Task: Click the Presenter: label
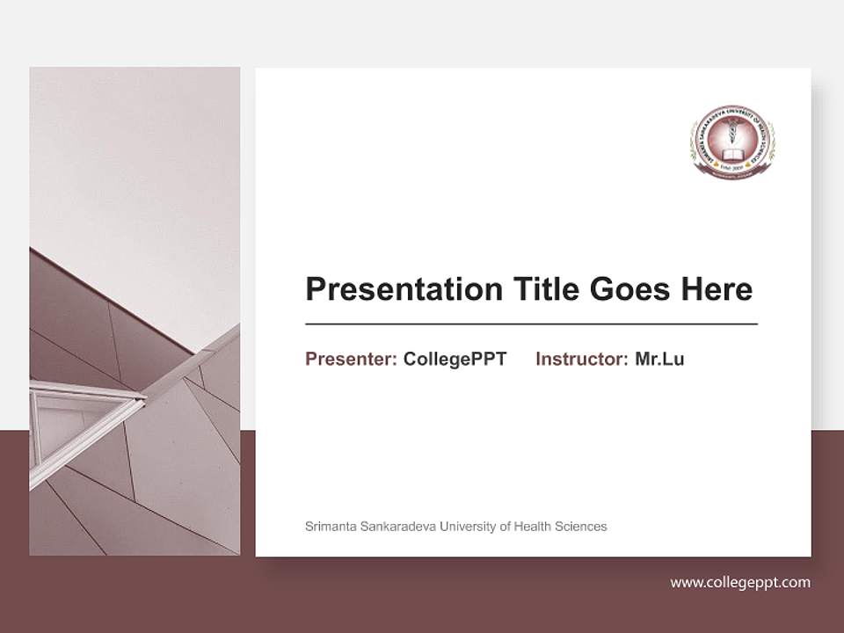click(x=352, y=359)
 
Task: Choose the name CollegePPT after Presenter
click(x=455, y=359)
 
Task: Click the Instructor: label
click(x=581, y=359)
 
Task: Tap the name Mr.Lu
click(x=659, y=359)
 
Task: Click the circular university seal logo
click(x=732, y=142)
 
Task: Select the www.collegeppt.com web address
click(x=740, y=582)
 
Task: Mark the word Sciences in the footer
click(x=581, y=527)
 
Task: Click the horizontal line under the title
click(x=531, y=324)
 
